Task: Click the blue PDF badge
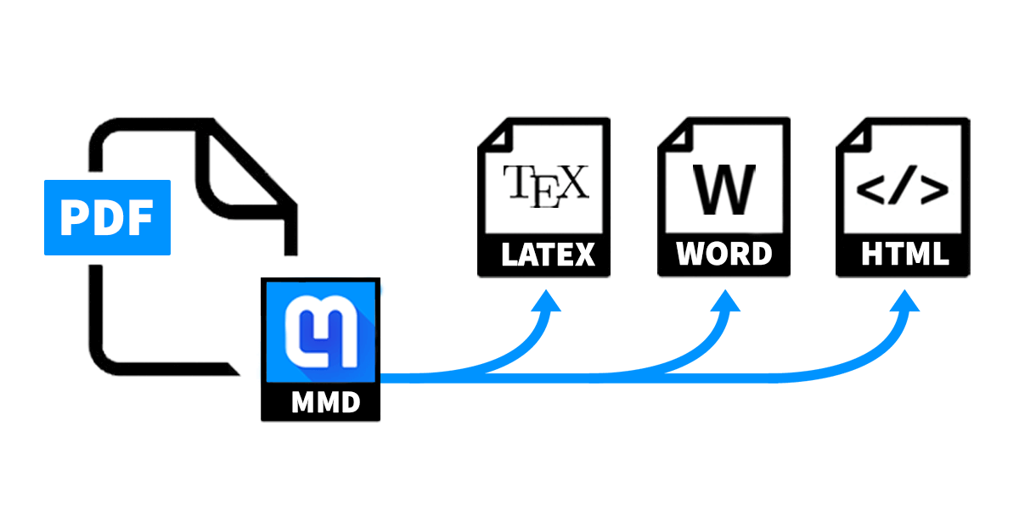click(107, 217)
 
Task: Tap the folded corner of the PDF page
click(242, 170)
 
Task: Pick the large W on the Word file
click(723, 188)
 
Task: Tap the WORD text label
click(723, 255)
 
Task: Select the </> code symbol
click(902, 192)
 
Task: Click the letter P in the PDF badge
click(76, 218)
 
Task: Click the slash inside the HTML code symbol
click(902, 192)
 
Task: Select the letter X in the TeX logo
click(573, 182)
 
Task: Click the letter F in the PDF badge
click(140, 218)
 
